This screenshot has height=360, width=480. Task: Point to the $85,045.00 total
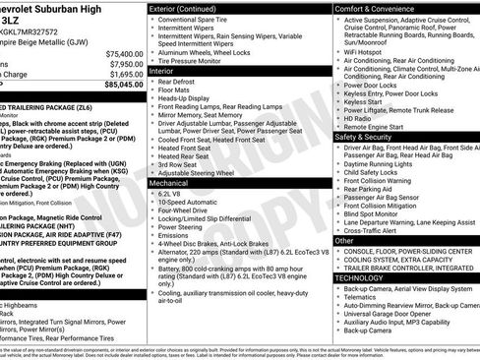(121, 85)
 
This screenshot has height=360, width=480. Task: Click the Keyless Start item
(364, 101)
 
